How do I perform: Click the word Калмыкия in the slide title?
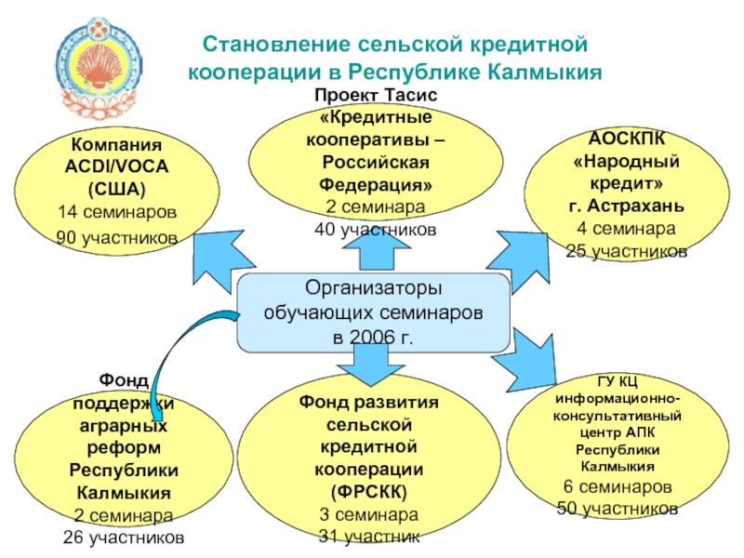point(543,71)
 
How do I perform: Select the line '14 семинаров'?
point(117,212)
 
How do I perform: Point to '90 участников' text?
point(117,238)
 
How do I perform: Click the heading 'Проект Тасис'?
point(375,96)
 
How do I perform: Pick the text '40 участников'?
point(375,229)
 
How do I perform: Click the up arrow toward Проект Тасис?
point(375,252)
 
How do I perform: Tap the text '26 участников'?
point(123,537)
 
